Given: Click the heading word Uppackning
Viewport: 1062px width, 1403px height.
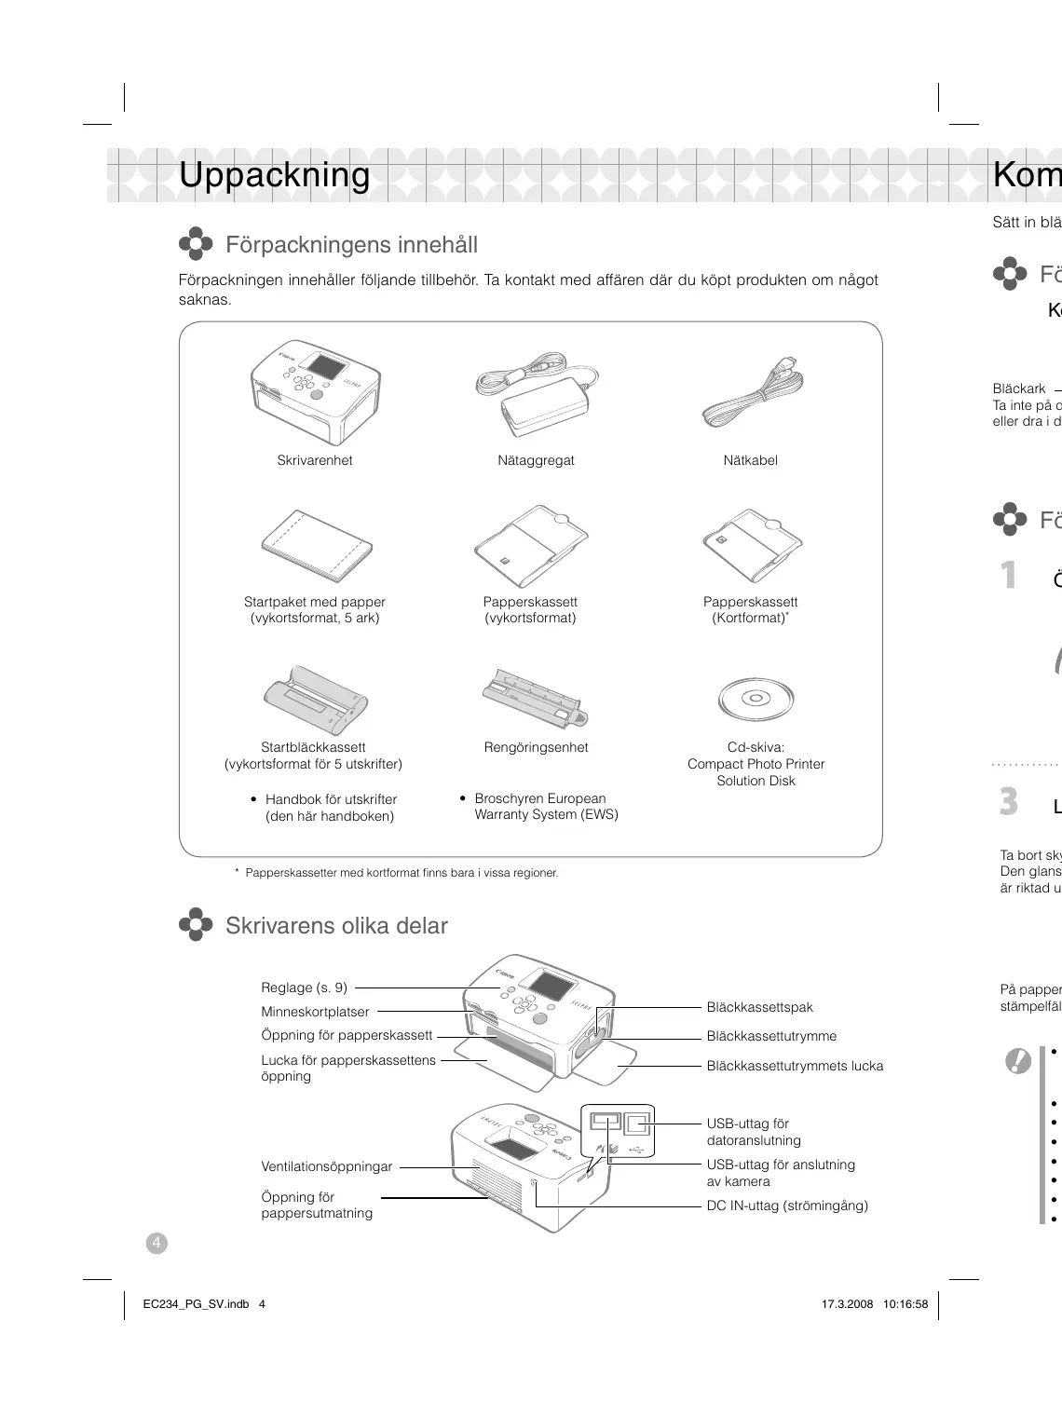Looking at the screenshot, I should point(274,175).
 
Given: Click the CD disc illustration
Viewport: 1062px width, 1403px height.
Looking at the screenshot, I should point(756,699).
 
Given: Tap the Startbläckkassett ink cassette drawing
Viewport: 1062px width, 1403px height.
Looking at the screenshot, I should point(315,699).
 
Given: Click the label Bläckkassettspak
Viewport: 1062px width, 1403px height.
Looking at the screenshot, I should point(759,1007).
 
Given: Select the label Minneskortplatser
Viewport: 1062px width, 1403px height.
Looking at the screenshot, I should point(315,1012).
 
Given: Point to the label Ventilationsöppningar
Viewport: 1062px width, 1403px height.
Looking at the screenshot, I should point(326,1166).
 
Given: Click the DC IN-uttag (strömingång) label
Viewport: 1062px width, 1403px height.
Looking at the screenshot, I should point(786,1205).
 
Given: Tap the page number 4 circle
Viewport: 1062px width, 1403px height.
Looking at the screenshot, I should point(157,1243).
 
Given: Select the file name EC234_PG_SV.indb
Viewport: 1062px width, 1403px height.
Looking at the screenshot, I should point(190,1304).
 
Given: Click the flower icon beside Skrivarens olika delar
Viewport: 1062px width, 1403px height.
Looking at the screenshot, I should point(196,925).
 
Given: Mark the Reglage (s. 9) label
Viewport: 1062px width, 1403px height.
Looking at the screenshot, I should point(304,988).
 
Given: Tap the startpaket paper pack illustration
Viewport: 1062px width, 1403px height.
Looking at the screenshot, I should point(316,546).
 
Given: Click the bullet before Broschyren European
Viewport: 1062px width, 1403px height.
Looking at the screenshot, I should point(463,798).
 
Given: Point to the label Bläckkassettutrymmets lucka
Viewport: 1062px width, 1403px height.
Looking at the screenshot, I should point(795,1066).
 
